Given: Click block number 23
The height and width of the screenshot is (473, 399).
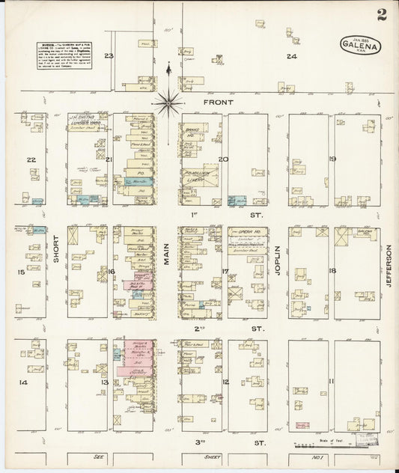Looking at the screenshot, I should click(109, 56).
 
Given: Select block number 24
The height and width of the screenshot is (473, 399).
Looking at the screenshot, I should click(291, 56).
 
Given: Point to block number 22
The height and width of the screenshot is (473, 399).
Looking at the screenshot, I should click(31, 159).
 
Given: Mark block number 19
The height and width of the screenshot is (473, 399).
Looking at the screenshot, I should click(332, 159).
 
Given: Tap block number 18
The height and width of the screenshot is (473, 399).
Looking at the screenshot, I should click(332, 271).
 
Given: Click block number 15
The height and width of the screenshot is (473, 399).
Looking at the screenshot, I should click(22, 272).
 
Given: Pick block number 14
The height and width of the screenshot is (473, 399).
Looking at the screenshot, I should click(22, 382).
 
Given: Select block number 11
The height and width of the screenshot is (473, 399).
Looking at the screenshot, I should click(330, 382).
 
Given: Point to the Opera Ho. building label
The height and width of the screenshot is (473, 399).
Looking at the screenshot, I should click(249, 232).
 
